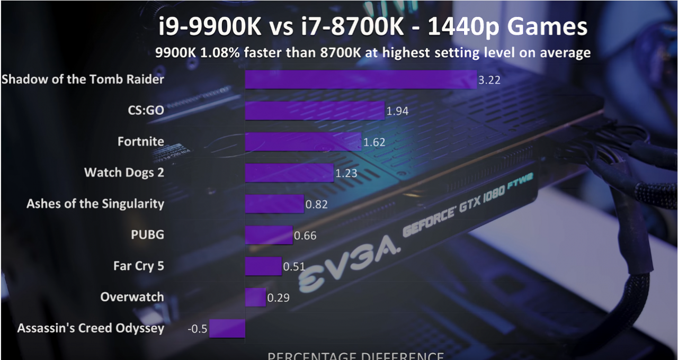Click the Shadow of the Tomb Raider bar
(360, 79)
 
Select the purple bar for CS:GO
(315, 111)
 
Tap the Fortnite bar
(303, 142)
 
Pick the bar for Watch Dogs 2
(289, 173)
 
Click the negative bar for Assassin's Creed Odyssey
(227, 328)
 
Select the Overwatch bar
(255, 298)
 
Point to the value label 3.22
(489, 80)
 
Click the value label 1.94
(397, 111)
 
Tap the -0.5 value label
(197, 329)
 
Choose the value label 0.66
(305, 236)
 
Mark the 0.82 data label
(317, 204)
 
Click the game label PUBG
(147, 235)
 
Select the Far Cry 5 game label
(138, 266)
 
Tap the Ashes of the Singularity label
(95, 204)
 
